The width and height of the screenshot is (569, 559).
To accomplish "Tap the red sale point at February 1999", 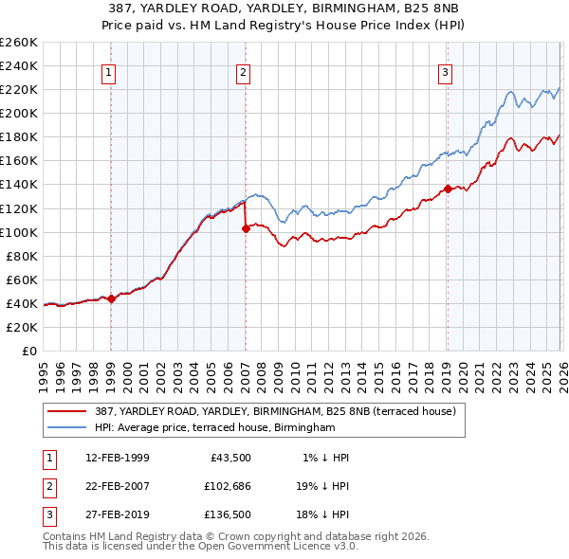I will (x=111, y=298).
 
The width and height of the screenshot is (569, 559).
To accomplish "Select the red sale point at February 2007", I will (x=246, y=228).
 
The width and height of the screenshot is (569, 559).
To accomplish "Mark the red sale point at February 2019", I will (x=447, y=189).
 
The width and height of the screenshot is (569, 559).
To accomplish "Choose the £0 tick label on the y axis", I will (x=28, y=351).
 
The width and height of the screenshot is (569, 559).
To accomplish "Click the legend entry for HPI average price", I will (x=214, y=428).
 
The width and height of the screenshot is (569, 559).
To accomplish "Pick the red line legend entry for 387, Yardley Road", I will (x=275, y=411).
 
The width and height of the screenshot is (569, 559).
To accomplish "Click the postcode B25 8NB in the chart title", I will (x=431, y=8).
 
